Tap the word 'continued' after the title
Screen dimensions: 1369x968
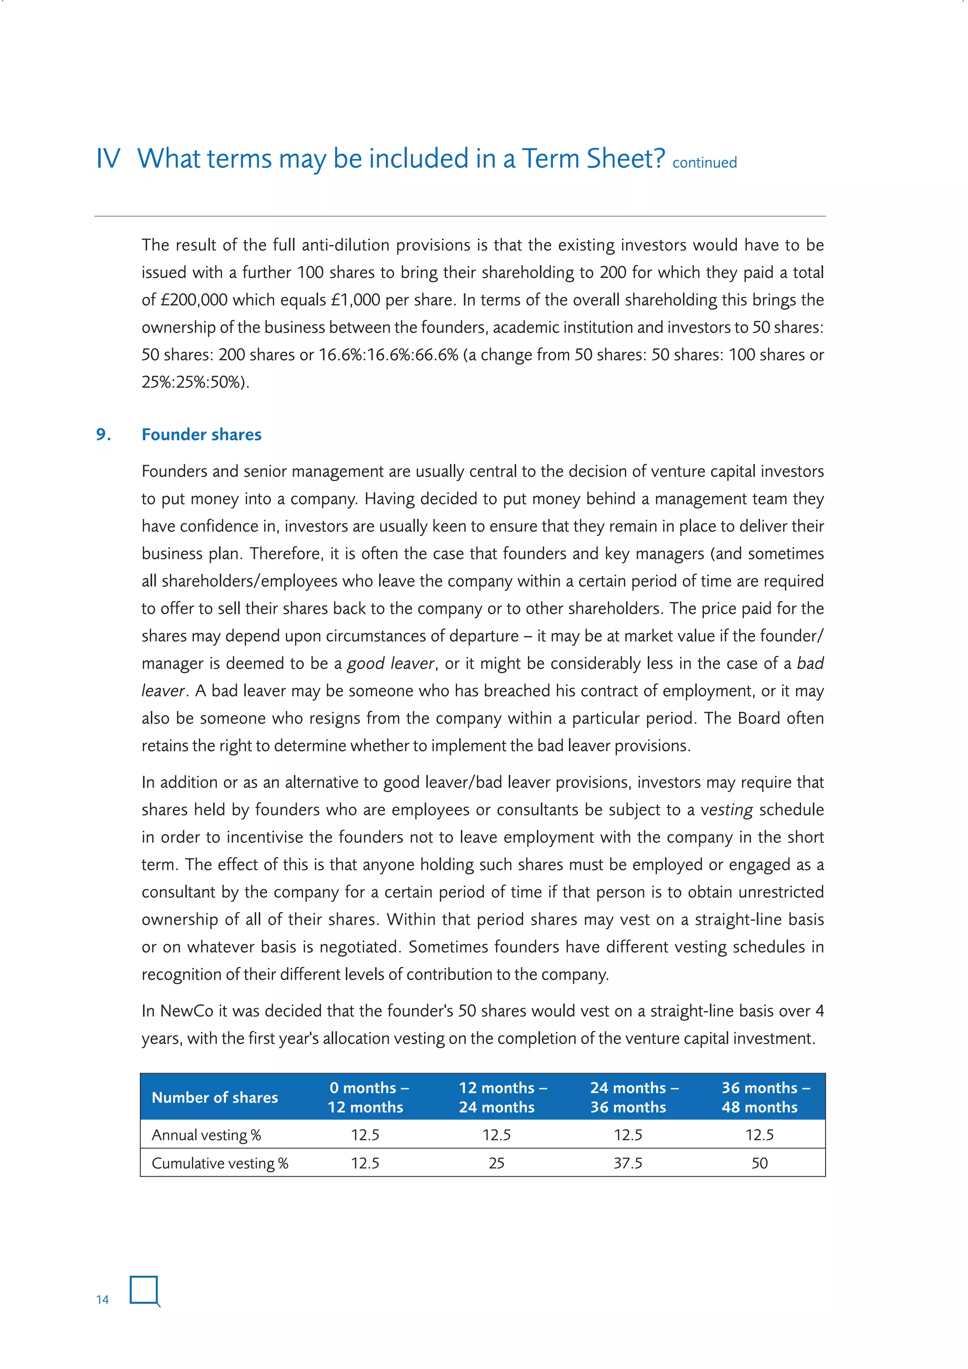(705, 163)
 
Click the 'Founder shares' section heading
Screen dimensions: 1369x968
(201, 435)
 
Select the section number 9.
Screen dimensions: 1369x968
(103, 435)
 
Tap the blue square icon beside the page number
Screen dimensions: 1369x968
(144, 1291)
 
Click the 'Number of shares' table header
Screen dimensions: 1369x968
(215, 1098)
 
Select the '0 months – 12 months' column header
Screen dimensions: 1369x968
(365, 1098)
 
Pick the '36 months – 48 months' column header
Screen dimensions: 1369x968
(760, 1098)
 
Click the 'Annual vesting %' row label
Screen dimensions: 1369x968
(206, 1135)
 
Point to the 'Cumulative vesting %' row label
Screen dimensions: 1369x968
(220, 1163)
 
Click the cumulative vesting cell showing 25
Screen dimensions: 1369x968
(496, 1163)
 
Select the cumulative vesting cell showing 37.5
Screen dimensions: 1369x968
(628, 1163)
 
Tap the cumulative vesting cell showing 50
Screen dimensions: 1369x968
(760, 1163)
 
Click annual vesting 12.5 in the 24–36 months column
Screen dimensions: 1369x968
(628, 1135)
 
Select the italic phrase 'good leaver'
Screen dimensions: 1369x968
(390, 663)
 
